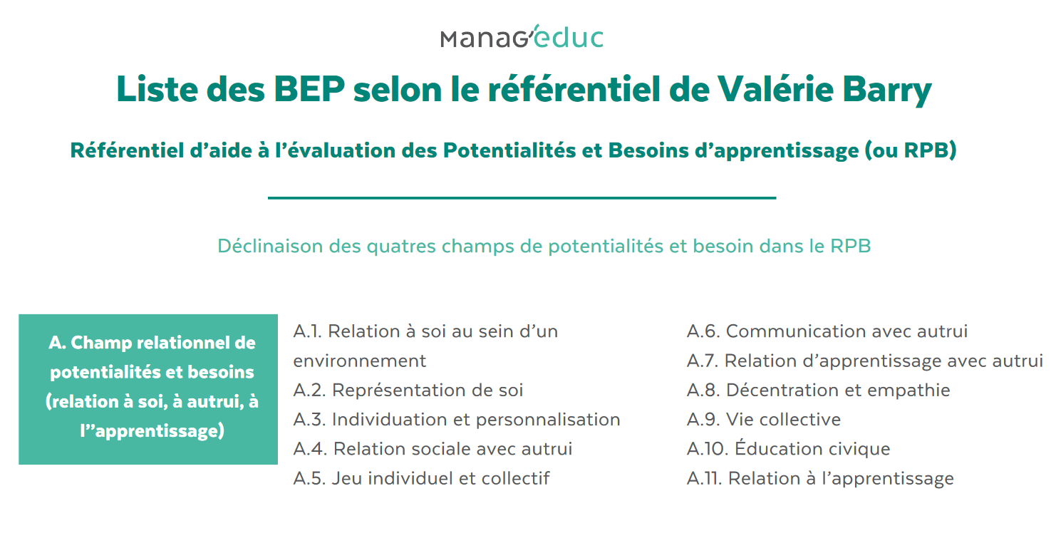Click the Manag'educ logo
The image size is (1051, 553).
tap(522, 38)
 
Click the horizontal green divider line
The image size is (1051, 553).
tap(522, 197)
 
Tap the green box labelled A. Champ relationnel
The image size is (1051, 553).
tap(148, 389)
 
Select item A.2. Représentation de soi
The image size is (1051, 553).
tap(408, 391)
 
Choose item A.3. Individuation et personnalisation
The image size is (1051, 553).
tap(457, 420)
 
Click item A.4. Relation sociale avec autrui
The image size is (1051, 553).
tap(433, 449)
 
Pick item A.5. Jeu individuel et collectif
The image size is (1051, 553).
tap(421, 478)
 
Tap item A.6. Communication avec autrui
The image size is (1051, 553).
tap(827, 331)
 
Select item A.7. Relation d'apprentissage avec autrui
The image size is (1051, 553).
tap(864, 361)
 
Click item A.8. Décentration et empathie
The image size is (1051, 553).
tap(818, 391)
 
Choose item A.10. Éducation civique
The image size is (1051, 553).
tap(788, 449)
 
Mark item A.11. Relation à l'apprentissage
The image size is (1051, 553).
tap(820, 479)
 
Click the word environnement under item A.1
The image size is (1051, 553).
tap(360, 361)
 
